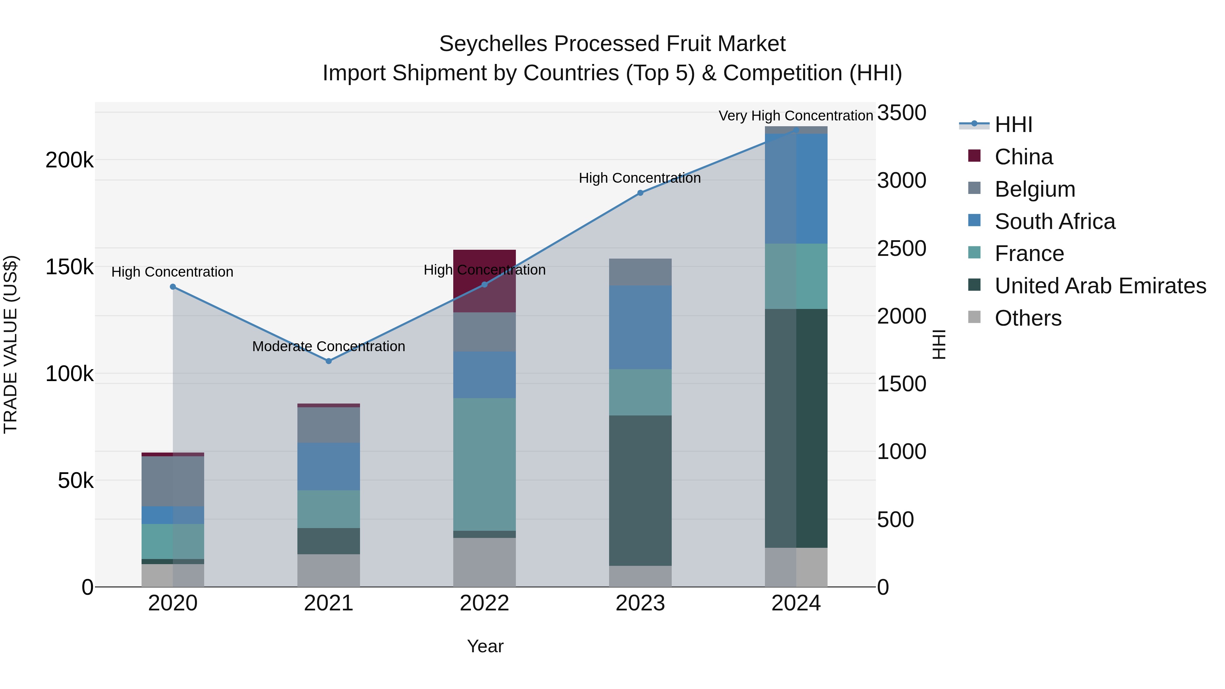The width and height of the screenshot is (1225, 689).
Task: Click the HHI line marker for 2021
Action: click(x=329, y=361)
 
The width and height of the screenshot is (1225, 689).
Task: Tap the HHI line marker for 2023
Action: click(x=640, y=193)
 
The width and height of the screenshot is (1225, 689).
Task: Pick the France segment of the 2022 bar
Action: click(x=484, y=464)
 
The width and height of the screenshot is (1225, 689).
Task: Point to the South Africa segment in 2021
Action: click(x=329, y=466)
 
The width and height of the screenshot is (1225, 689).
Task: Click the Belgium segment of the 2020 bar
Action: click(x=173, y=481)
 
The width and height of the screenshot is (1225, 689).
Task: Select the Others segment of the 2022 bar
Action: click(x=484, y=562)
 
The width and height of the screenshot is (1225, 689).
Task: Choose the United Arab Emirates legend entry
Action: click(x=1100, y=286)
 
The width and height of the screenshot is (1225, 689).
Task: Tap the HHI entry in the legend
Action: click(x=1013, y=125)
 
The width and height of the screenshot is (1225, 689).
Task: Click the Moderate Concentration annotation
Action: click(x=329, y=346)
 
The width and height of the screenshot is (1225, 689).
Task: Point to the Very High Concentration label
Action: click(x=796, y=116)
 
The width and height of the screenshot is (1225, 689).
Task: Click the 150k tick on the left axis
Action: click(x=69, y=267)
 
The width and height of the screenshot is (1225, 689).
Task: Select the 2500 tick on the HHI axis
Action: click(x=901, y=248)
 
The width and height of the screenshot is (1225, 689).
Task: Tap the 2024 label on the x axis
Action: click(x=796, y=603)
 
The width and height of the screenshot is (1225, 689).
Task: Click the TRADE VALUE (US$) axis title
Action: click(x=11, y=344)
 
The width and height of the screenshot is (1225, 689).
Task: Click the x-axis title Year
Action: click(x=485, y=646)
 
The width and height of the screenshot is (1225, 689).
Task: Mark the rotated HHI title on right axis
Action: click(x=939, y=344)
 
